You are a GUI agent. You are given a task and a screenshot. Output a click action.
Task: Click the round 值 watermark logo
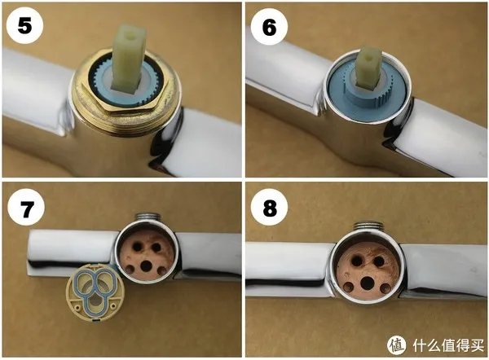397,342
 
